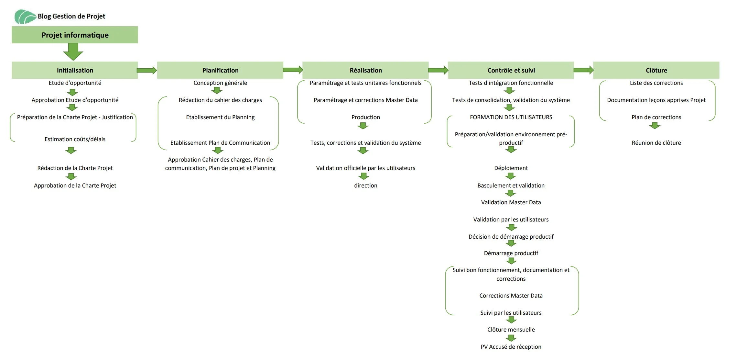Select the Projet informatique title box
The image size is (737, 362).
tap(75, 35)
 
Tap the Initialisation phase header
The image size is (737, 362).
tap(75, 70)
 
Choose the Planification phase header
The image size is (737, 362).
tap(220, 70)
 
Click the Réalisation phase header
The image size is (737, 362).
tap(365, 70)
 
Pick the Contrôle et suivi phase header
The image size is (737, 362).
tap(511, 70)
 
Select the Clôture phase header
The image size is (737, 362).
tap(656, 70)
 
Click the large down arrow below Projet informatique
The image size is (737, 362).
tap(73, 51)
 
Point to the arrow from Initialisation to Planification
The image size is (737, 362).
tap(147, 70)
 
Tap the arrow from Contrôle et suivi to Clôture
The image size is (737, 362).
tap(584, 70)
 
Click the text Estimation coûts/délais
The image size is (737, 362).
tap(75, 139)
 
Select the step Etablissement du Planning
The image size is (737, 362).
tap(220, 117)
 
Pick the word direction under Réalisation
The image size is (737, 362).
tap(366, 186)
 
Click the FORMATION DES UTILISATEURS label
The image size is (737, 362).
tap(511, 117)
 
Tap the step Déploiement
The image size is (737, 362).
tap(511, 168)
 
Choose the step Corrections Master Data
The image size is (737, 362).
tap(511, 296)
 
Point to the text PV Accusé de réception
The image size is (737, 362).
tap(511, 347)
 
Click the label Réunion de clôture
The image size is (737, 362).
tap(656, 143)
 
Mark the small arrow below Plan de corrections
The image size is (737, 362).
tap(655, 126)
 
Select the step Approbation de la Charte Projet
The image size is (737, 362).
tap(75, 186)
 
